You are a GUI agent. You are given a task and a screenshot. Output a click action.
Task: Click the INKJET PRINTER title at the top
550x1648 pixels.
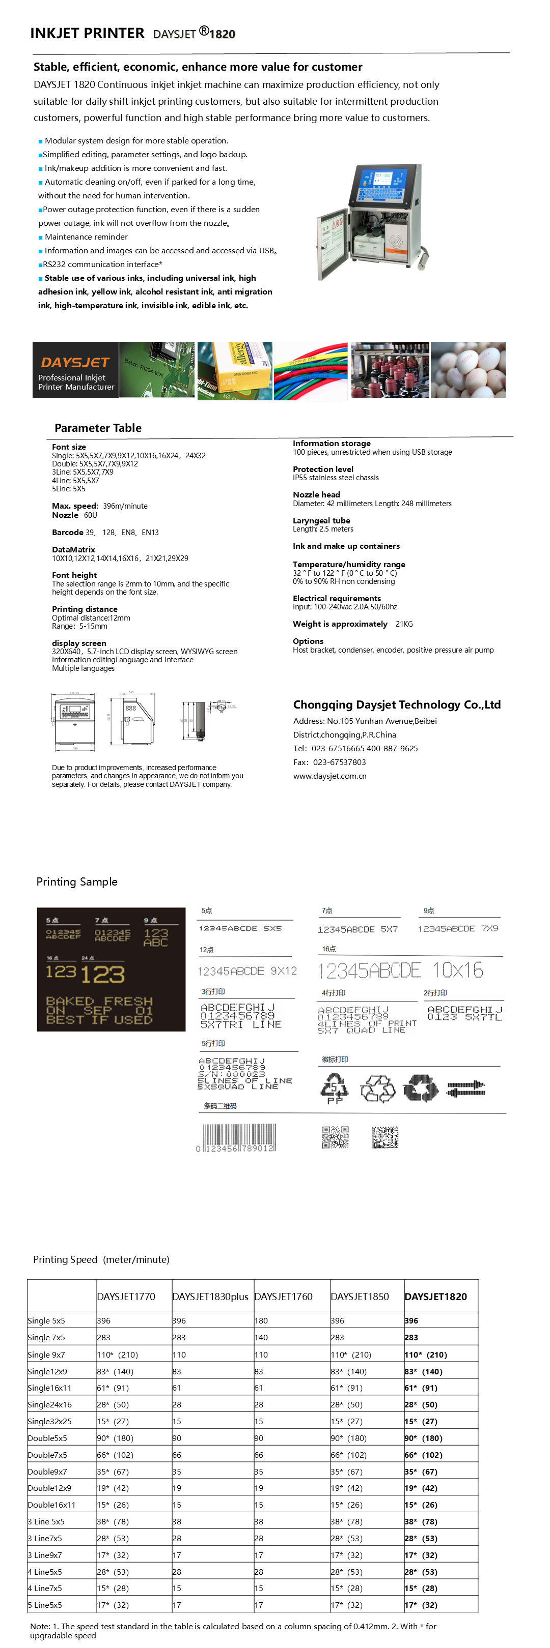coord(87,33)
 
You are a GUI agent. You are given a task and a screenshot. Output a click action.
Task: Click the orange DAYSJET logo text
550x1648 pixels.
coord(75,362)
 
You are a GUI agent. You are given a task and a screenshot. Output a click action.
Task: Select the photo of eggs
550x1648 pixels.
coord(468,370)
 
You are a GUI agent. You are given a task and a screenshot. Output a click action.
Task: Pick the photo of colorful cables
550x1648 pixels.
coord(311,370)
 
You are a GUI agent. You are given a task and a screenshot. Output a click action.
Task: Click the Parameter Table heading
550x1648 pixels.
coord(98,428)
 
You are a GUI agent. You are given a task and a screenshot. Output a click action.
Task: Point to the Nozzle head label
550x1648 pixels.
coord(316,494)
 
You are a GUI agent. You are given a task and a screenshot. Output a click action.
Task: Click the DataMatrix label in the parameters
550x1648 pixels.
coord(74,549)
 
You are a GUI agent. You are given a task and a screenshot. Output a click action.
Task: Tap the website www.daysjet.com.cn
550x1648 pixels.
coord(329,776)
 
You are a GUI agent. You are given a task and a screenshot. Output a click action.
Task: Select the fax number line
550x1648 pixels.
coord(329,762)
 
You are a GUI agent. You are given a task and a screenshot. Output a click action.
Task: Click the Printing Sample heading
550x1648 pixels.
coord(77,881)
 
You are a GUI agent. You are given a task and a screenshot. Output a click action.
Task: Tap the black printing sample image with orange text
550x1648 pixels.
coord(111,969)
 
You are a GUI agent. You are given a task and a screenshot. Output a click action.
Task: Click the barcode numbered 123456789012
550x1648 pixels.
coord(237,1139)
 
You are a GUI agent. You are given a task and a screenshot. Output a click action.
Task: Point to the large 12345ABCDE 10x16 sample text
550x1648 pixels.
coord(401,970)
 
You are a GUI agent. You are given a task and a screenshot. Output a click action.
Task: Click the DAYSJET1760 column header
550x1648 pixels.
coord(284,1296)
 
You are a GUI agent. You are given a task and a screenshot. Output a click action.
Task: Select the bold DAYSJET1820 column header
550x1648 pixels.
coord(435,1296)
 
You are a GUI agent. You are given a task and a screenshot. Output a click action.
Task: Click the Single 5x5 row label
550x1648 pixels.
coord(46,1320)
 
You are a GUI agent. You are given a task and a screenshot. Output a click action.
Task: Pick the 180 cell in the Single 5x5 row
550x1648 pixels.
coord(261,1320)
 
